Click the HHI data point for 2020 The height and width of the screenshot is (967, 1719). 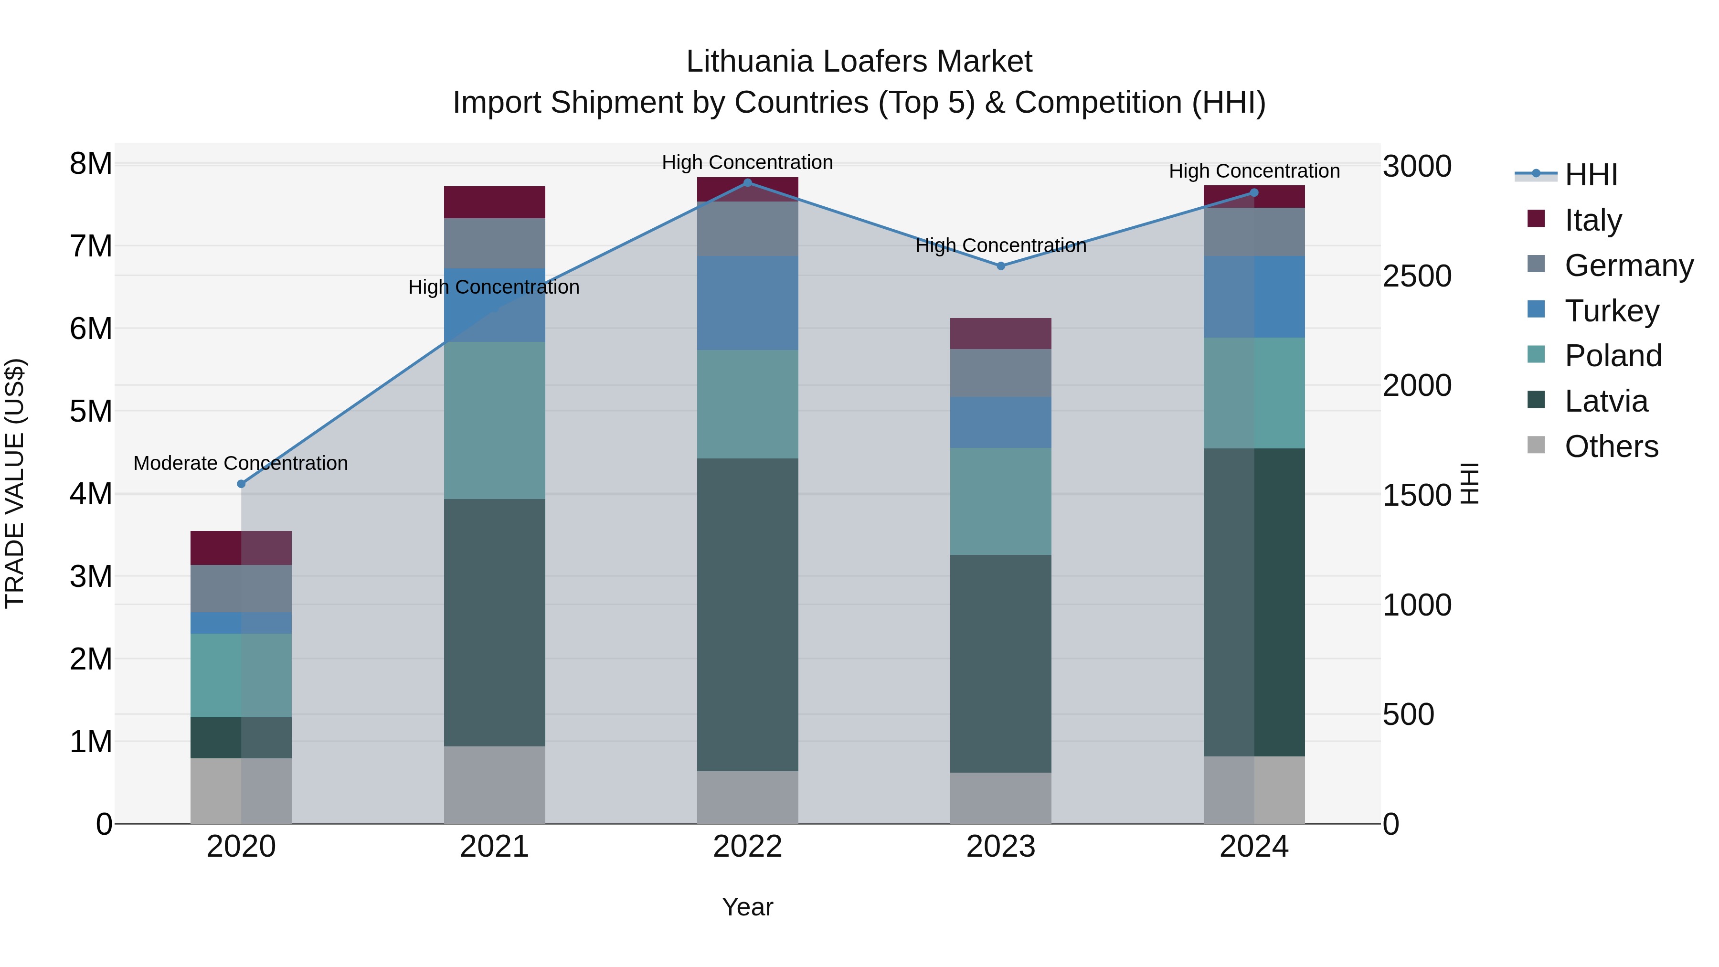coord(242,484)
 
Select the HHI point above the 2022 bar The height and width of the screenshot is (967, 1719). coord(747,183)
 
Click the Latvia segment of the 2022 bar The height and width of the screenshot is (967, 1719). coord(747,614)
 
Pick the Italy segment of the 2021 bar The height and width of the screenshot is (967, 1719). coord(495,202)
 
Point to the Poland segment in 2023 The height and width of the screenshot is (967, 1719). coord(1001,501)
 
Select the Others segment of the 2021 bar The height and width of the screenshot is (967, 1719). coord(495,785)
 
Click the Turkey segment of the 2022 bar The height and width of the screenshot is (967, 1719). coord(747,303)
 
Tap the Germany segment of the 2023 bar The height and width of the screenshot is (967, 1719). coord(1001,373)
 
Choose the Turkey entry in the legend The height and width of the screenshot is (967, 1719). coord(1611,311)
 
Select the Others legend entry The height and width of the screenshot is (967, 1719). coord(1611,446)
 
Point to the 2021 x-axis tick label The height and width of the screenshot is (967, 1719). coord(495,847)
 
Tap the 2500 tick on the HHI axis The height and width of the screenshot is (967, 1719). coord(1417,276)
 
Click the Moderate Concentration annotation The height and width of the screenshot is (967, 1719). coord(241,463)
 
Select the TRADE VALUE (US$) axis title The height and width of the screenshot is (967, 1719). coord(15,483)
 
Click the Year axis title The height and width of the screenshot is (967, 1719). coord(747,907)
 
